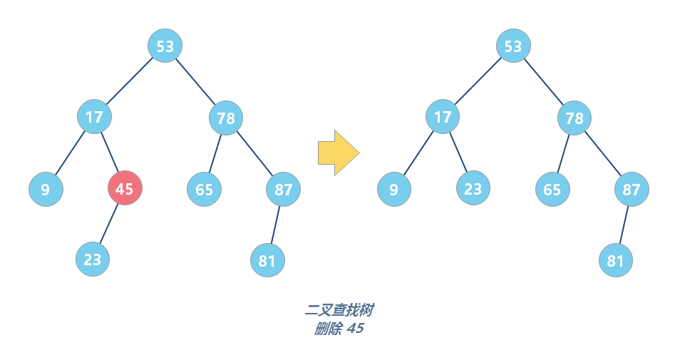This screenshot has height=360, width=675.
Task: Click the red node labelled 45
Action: [x=125, y=189]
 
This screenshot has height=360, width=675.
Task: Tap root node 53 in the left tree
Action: [x=165, y=46]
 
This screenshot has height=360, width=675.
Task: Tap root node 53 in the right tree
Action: [x=513, y=46]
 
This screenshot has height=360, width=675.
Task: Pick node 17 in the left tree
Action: [x=94, y=117]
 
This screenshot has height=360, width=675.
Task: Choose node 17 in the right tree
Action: [x=443, y=117]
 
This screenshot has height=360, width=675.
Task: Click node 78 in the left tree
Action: [x=226, y=118]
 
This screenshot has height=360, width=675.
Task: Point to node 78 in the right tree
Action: [x=574, y=118]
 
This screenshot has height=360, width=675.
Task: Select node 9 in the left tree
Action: [x=46, y=190]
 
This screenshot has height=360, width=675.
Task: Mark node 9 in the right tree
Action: [x=394, y=190]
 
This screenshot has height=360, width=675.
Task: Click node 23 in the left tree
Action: [x=93, y=259]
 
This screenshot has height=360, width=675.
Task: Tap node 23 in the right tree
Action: [x=473, y=189]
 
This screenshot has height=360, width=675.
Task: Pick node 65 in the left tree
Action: [x=205, y=190]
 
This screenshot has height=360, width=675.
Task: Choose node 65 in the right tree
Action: [x=552, y=190]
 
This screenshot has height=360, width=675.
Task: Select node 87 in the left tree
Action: [x=284, y=190]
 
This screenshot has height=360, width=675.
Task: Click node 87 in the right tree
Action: [x=632, y=190]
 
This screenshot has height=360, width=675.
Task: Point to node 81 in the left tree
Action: [x=267, y=261]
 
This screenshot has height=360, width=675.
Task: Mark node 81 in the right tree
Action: [x=615, y=261]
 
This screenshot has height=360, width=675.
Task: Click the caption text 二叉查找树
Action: [x=339, y=310]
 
